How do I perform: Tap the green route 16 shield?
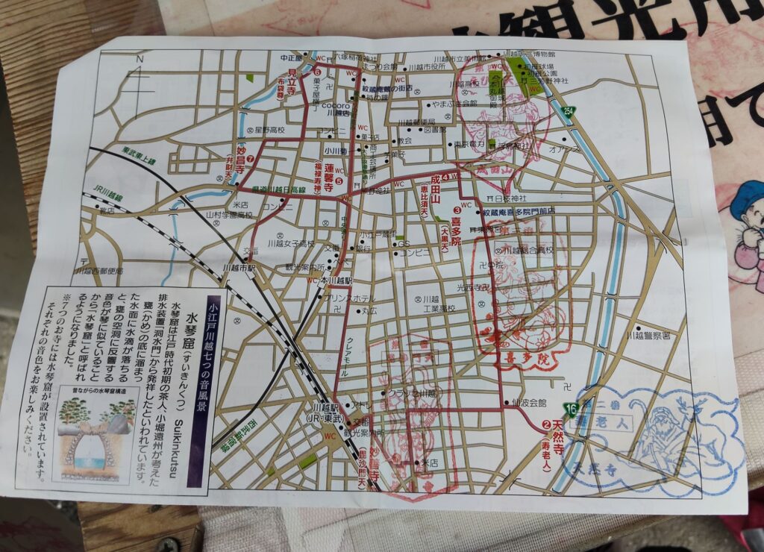click(x=572, y=410)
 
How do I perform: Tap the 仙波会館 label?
click(x=530, y=402)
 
